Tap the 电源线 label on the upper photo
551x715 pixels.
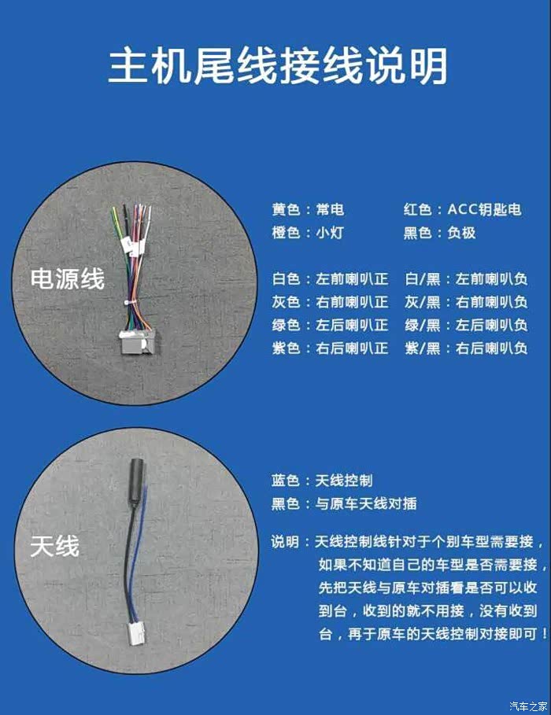click(x=68, y=278)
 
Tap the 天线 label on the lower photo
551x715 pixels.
click(x=55, y=546)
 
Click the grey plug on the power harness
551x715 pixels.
click(x=138, y=341)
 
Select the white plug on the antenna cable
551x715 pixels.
click(x=136, y=635)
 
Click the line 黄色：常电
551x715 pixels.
click(x=308, y=209)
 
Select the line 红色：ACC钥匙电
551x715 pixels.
click(x=462, y=209)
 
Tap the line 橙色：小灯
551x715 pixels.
click(x=308, y=233)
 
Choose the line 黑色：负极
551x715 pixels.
click(x=439, y=233)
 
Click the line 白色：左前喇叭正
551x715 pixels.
click(x=330, y=278)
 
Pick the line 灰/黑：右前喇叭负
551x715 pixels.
click(x=466, y=302)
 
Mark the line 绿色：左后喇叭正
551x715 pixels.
click(x=330, y=325)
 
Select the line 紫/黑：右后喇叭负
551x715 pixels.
click(x=466, y=348)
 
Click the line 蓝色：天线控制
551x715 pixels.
click(x=322, y=480)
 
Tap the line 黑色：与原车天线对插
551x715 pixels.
click(x=344, y=503)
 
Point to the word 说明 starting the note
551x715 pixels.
click(x=284, y=542)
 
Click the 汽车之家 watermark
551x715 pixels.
click(x=529, y=706)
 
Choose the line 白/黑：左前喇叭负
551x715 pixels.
click(x=466, y=278)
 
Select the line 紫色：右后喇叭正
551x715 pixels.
click(x=330, y=348)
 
